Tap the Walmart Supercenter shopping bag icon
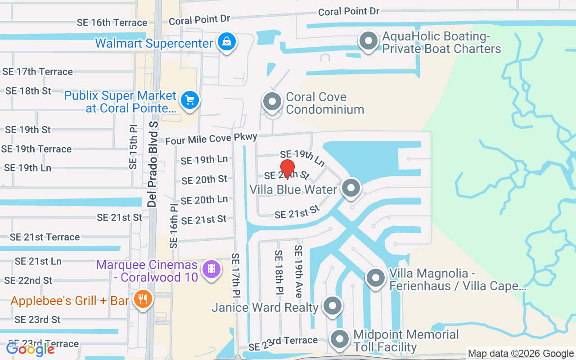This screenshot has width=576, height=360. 227,42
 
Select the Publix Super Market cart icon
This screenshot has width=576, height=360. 190,100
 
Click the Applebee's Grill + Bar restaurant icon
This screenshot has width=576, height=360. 143,300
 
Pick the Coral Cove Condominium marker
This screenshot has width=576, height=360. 272,102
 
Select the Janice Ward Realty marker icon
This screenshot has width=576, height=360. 333,306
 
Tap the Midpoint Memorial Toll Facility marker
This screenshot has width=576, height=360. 340,340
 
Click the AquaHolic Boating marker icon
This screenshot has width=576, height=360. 369,41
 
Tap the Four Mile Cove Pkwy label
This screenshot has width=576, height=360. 211,139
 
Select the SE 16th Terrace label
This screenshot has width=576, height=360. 112,22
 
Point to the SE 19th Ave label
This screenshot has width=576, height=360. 298,271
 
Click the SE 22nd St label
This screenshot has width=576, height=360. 28,280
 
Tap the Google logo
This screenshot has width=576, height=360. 31,349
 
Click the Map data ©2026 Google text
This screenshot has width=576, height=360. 521,354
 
